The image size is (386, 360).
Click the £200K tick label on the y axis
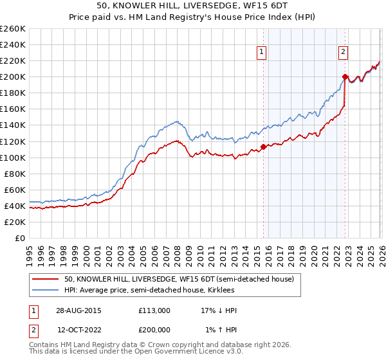(12, 76)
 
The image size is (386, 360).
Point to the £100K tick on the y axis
(12, 157)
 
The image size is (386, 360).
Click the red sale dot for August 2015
(264, 147)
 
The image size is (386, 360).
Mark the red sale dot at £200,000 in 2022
(345, 77)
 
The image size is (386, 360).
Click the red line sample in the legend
(45, 279)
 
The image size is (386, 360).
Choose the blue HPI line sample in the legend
(45, 290)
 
